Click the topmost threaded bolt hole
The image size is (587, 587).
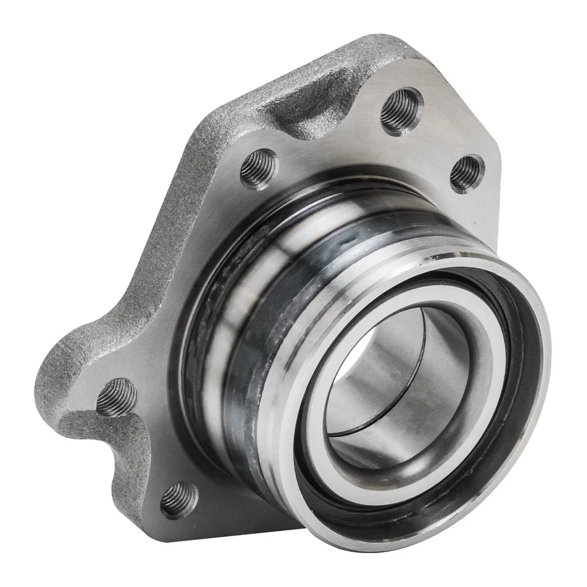click(x=402, y=111)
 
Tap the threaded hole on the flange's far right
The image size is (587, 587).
click(x=467, y=173)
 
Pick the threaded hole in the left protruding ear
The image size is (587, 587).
click(x=117, y=397)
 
